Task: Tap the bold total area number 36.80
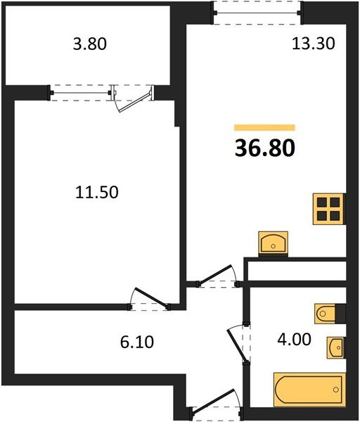point(264,148)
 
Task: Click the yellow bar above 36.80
point(264,127)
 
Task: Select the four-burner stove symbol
point(328,207)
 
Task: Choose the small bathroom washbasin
point(335,347)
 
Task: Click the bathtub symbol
point(309,389)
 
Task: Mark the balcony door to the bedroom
point(134,98)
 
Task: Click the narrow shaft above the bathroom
point(295,270)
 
